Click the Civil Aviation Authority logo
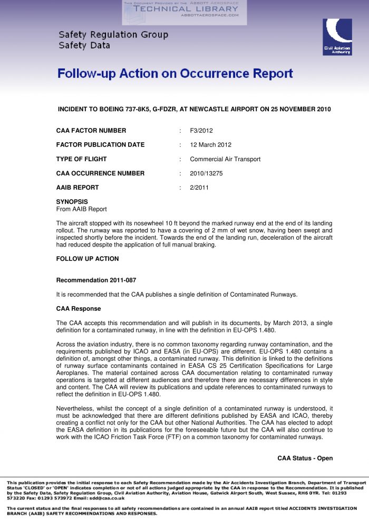coord(337,37)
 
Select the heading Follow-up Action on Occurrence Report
coord(175,73)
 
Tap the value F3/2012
coord(201,131)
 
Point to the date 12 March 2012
coord(210,145)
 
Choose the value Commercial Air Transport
coord(225,159)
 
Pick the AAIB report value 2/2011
coord(199,188)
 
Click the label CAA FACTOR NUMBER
coord(91,131)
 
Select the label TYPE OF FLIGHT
coord(81,159)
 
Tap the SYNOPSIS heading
coord(72,202)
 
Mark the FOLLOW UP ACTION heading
coord(87,259)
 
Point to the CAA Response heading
coord(78,309)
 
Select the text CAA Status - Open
coord(305,458)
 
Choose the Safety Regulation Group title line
coord(113,35)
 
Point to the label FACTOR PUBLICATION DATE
coord(100,145)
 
